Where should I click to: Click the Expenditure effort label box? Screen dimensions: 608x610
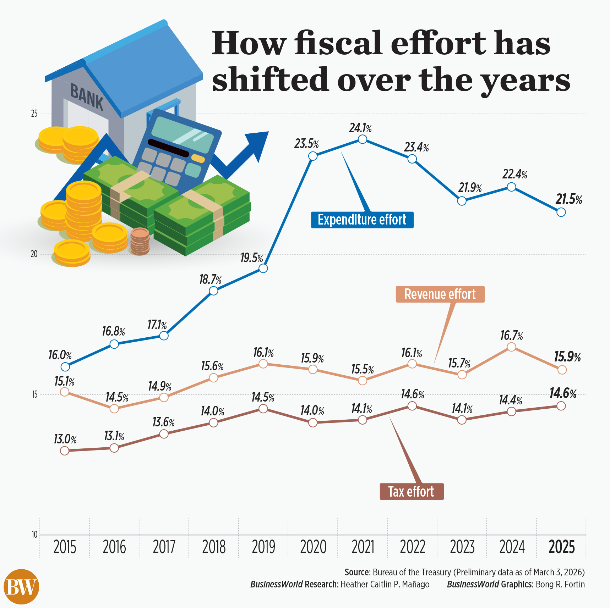click(362, 220)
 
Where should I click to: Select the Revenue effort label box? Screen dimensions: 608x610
click(440, 294)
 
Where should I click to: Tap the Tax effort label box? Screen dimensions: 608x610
click(411, 492)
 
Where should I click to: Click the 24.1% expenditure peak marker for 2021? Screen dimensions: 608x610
click(362, 139)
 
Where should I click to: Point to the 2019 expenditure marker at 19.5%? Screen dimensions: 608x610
click(263, 269)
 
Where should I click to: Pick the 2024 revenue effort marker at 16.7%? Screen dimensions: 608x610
click(511, 347)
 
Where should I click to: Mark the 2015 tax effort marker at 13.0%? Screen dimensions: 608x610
click(65, 451)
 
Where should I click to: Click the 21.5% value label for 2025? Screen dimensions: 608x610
click(569, 200)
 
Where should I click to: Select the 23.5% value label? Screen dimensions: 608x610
click(306, 144)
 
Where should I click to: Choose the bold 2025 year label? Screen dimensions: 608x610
click(561, 547)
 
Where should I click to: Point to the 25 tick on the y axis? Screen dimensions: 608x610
click(34, 114)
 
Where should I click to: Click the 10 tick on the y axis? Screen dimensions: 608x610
click(34, 535)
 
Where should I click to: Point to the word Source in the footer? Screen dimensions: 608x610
click(357, 572)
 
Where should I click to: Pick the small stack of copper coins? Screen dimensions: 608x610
click(140, 241)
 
